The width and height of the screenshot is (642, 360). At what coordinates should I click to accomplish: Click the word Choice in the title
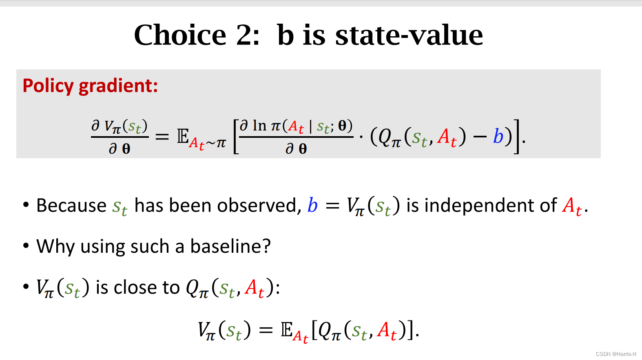180,35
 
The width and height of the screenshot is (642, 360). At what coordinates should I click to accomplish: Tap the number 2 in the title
245,35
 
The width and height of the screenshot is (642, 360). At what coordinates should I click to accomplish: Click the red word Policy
48,86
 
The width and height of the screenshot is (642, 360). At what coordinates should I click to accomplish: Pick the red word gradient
118,86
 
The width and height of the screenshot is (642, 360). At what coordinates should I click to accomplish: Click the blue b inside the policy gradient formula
498,136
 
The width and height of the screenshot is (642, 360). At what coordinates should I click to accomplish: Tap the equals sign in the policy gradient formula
162,137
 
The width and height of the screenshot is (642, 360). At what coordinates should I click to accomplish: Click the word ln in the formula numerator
259,126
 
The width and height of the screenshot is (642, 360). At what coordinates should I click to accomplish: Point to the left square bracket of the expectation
235,137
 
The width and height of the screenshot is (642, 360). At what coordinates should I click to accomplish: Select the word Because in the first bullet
71,205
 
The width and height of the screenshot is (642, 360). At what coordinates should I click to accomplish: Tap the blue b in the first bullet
312,205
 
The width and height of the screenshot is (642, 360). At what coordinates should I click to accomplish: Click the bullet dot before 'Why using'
26,246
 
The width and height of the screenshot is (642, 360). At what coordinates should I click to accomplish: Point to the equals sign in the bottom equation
266,330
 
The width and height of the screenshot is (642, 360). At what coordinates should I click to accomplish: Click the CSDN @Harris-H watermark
615,354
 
